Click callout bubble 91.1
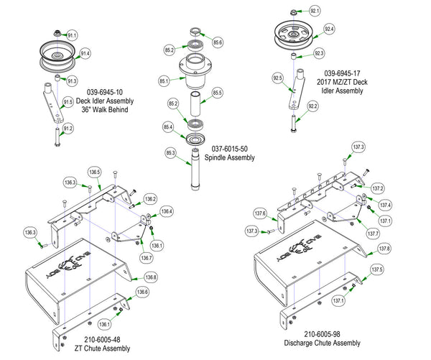point(72,34)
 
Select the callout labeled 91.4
point(85,53)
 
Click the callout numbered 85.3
point(170,152)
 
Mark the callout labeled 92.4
point(329,29)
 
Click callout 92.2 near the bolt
point(312,106)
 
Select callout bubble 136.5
point(95,172)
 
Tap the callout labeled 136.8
point(150,277)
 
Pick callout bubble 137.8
point(384,248)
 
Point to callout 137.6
point(260,213)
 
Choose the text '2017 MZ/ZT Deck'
point(351,83)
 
